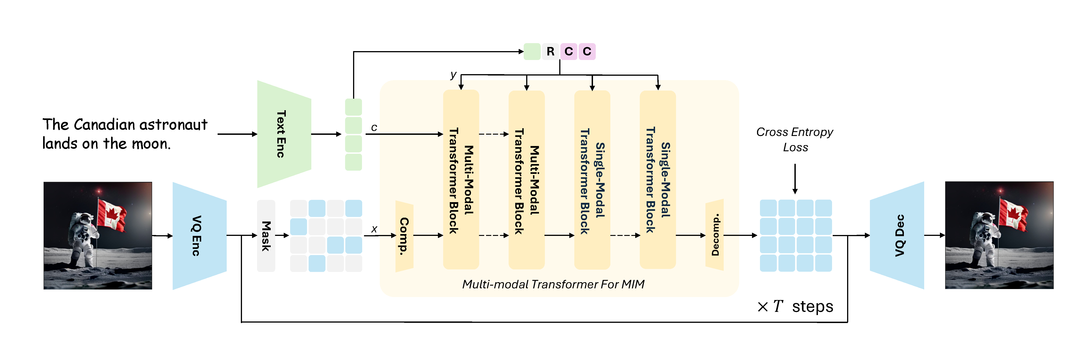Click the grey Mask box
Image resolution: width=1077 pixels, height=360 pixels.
click(266, 236)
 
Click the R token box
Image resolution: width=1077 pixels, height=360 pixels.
click(550, 51)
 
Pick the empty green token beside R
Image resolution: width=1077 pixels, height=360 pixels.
click(532, 51)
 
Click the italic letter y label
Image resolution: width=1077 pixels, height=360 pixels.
click(453, 75)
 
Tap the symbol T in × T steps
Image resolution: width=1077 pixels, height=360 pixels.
click(777, 306)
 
